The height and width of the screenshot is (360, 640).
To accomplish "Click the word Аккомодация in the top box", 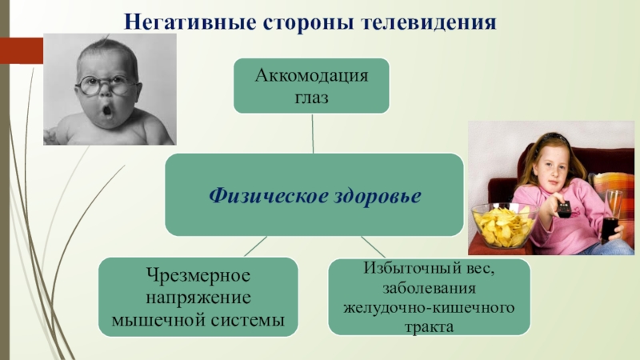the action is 312,77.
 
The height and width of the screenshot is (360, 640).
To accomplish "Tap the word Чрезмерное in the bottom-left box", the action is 198,276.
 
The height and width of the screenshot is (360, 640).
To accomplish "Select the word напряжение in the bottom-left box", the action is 198,298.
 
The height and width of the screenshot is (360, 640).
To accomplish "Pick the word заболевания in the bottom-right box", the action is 429,288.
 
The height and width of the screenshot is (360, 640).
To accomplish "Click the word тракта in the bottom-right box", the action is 429,326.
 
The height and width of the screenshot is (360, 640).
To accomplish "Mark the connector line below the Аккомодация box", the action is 313,133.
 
